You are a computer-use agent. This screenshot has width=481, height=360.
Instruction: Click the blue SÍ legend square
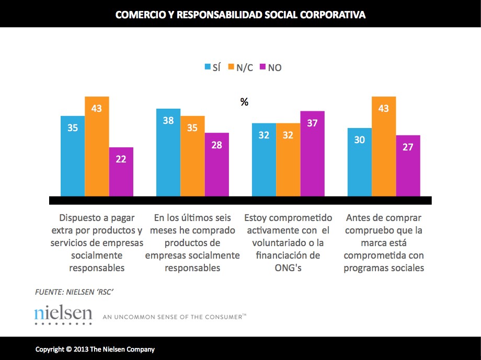208,67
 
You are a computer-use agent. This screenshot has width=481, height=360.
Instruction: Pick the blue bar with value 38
168,153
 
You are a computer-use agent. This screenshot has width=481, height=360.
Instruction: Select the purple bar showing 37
312,154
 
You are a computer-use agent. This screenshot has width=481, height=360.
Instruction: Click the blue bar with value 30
360,162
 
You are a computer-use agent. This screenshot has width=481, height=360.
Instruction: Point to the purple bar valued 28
216,164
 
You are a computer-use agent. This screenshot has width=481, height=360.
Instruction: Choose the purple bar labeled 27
408,166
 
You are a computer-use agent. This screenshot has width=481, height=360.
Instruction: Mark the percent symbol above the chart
244,102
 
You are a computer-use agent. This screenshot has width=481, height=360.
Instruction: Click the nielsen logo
63,315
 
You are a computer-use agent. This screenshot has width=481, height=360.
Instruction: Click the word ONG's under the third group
288,268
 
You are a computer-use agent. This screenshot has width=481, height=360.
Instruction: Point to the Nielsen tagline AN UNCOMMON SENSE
174,317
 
